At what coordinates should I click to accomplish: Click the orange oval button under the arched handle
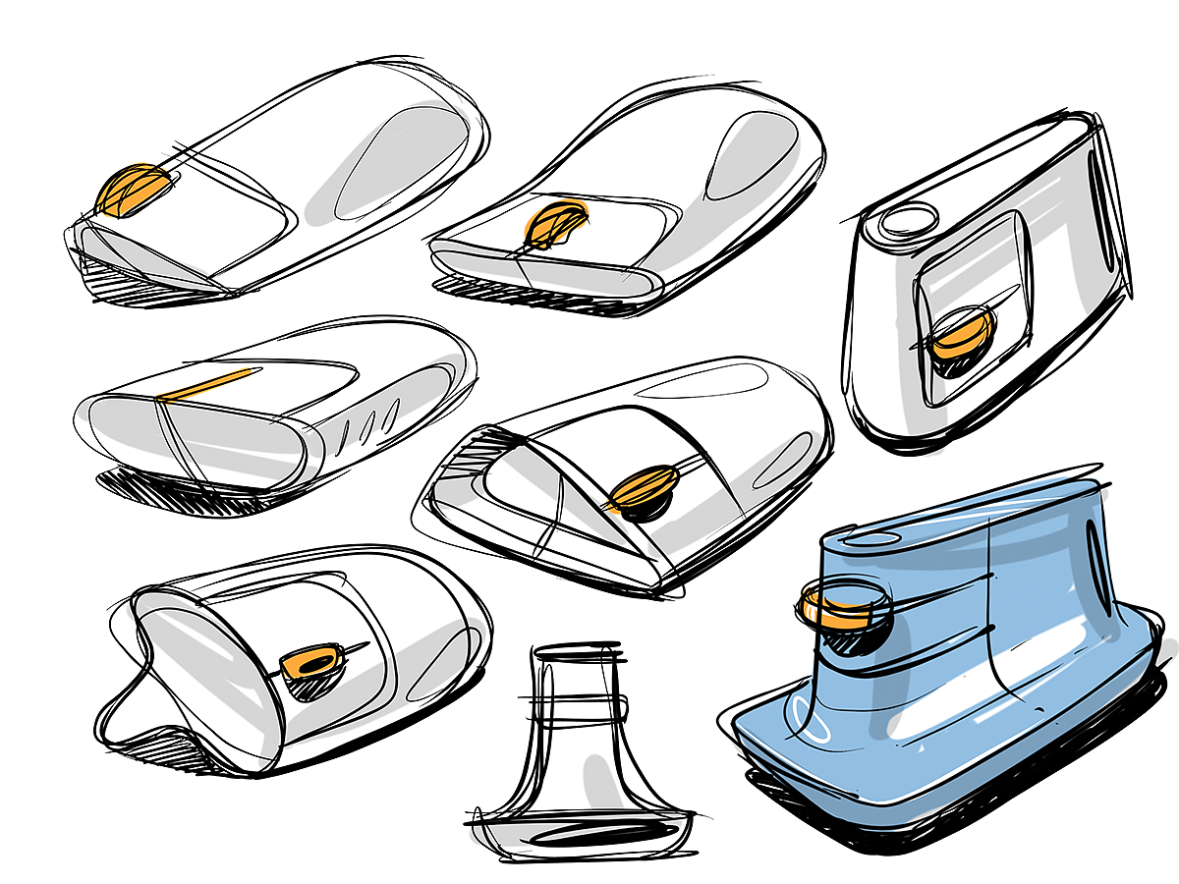coord(643,485)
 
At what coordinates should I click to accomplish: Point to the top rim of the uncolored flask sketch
coord(578,651)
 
